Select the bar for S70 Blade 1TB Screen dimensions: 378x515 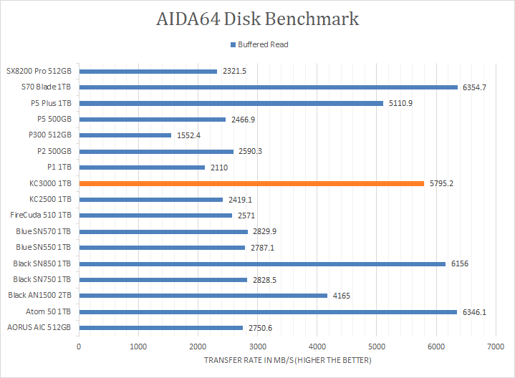pyautogui.click(x=268, y=87)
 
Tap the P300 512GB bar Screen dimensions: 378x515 pyautogui.click(x=125, y=135)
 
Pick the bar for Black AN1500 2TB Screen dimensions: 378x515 pyautogui.click(x=203, y=295)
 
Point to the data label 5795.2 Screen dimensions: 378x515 pyautogui.click(x=441, y=183)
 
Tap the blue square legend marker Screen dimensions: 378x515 pyautogui.click(x=232, y=44)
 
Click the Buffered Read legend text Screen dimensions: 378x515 pyautogui.click(x=263, y=44)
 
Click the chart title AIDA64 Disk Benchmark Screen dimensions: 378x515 pyautogui.click(x=257, y=19)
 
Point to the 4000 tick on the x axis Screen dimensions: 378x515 pyautogui.click(x=317, y=346)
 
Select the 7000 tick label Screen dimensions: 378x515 pyautogui.click(x=495, y=346)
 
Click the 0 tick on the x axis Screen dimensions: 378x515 pyautogui.click(x=79, y=346)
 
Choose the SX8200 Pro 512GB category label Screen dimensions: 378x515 pyautogui.click(x=39, y=72)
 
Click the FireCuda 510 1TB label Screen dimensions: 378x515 pyautogui.click(x=40, y=215)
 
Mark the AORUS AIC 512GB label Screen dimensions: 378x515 pyautogui.click(x=39, y=327)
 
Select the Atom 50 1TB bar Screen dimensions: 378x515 pyautogui.click(x=268, y=311)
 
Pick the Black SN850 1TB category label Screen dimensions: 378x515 pyautogui.click(x=42, y=263)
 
